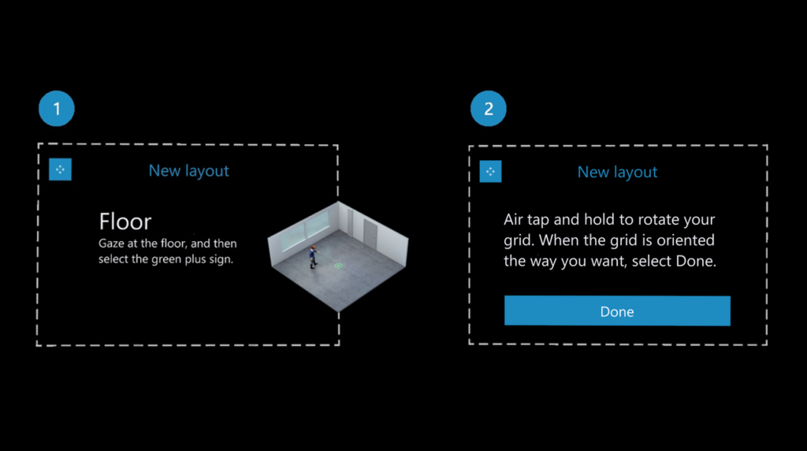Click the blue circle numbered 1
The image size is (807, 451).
click(56, 109)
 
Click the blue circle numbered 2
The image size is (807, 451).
click(489, 109)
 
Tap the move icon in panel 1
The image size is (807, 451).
click(60, 170)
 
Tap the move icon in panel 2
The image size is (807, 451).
click(490, 171)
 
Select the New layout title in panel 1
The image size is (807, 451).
click(188, 170)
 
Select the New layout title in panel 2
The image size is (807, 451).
click(617, 172)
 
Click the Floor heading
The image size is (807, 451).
click(125, 221)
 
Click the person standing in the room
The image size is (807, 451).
click(312, 255)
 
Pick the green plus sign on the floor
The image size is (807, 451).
click(338, 266)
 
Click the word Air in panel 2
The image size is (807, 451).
click(515, 219)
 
